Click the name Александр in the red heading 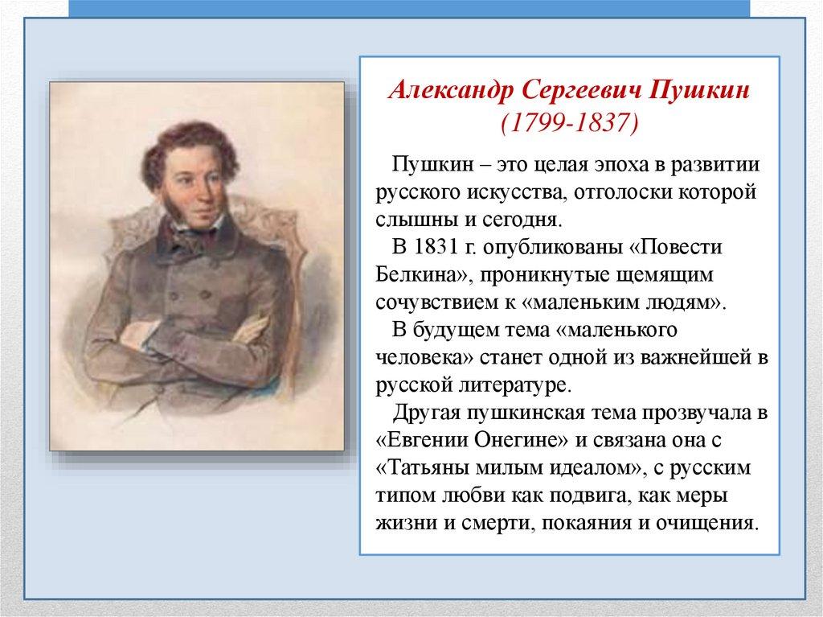tap(451, 90)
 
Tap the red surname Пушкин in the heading tap(700, 90)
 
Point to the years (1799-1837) tap(570, 123)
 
